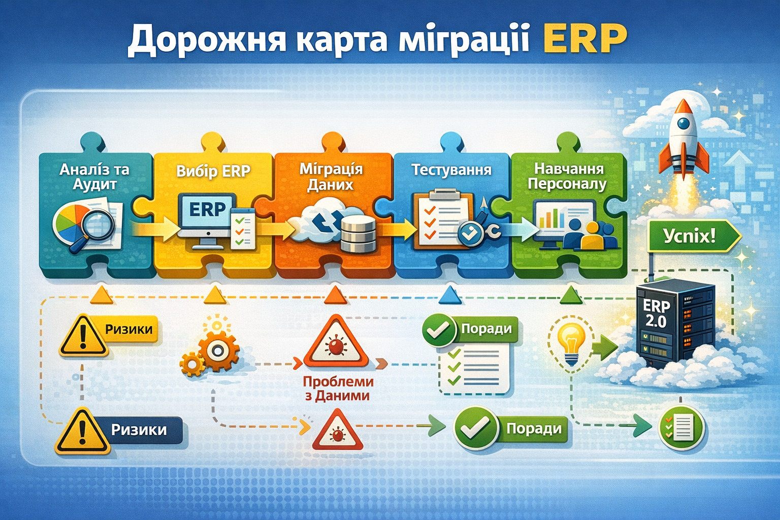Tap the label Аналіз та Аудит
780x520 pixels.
click(94, 176)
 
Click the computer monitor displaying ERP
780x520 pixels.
click(207, 216)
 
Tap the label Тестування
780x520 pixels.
click(451, 170)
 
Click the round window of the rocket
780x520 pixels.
click(684, 123)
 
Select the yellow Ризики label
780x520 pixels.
click(128, 330)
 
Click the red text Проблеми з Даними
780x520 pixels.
click(338, 388)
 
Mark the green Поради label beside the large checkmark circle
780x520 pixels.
click(533, 429)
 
